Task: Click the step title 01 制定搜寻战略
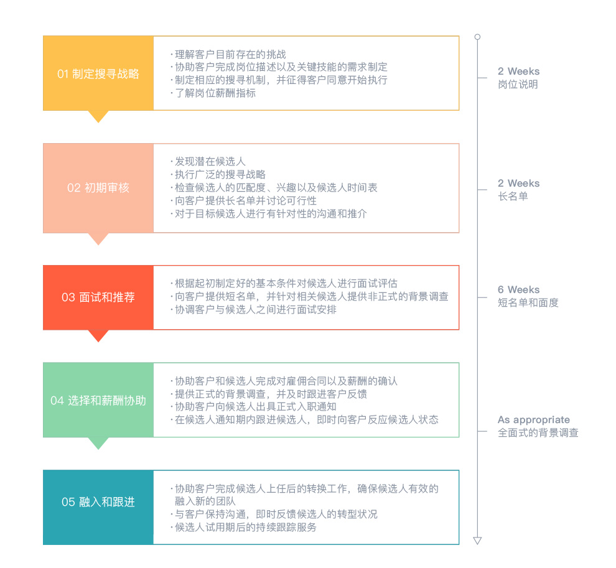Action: point(98,74)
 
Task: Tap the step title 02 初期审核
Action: point(98,188)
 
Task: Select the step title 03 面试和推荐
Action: point(98,297)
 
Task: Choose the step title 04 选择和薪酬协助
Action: point(98,401)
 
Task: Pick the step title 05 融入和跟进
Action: point(98,502)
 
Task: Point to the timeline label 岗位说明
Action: point(518,85)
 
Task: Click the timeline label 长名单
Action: point(513,196)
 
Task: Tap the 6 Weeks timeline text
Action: point(518,289)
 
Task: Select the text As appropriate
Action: point(533,420)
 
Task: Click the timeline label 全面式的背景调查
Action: point(538,433)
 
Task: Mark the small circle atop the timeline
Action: point(477,37)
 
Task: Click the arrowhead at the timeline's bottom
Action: point(477,541)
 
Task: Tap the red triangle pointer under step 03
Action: point(98,335)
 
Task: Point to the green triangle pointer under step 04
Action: point(98,442)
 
